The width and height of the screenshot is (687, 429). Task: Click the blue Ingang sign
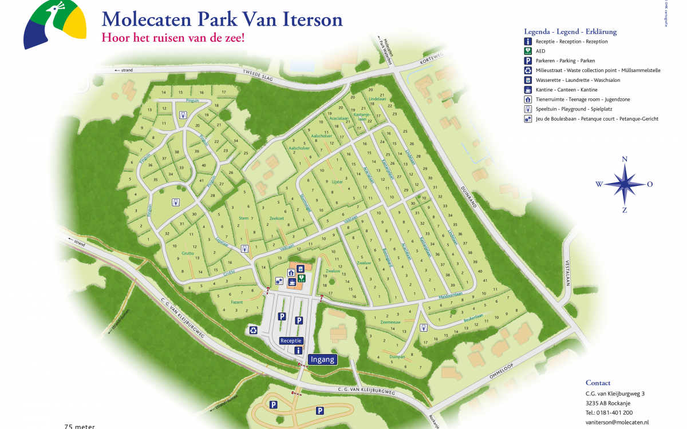[x=322, y=360]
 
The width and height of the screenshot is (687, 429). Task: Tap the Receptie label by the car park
[x=291, y=340]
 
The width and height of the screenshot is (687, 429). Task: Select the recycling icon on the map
[x=254, y=330]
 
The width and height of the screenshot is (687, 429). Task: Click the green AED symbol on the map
[x=302, y=279]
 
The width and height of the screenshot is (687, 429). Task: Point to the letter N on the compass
[x=625, y=160]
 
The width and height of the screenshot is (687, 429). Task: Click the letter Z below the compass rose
[x=625, y=210]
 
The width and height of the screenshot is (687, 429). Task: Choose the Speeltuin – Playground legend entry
[x=581, y=109]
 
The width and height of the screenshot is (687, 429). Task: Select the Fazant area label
[x=237, y=302]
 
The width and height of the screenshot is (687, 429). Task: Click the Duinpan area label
[x=397, y=356]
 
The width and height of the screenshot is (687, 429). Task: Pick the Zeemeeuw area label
[x=390, y=323]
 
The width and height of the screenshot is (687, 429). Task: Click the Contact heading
[x=598, y=383]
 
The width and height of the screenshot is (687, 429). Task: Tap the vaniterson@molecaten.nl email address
[x=617, y=422]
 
